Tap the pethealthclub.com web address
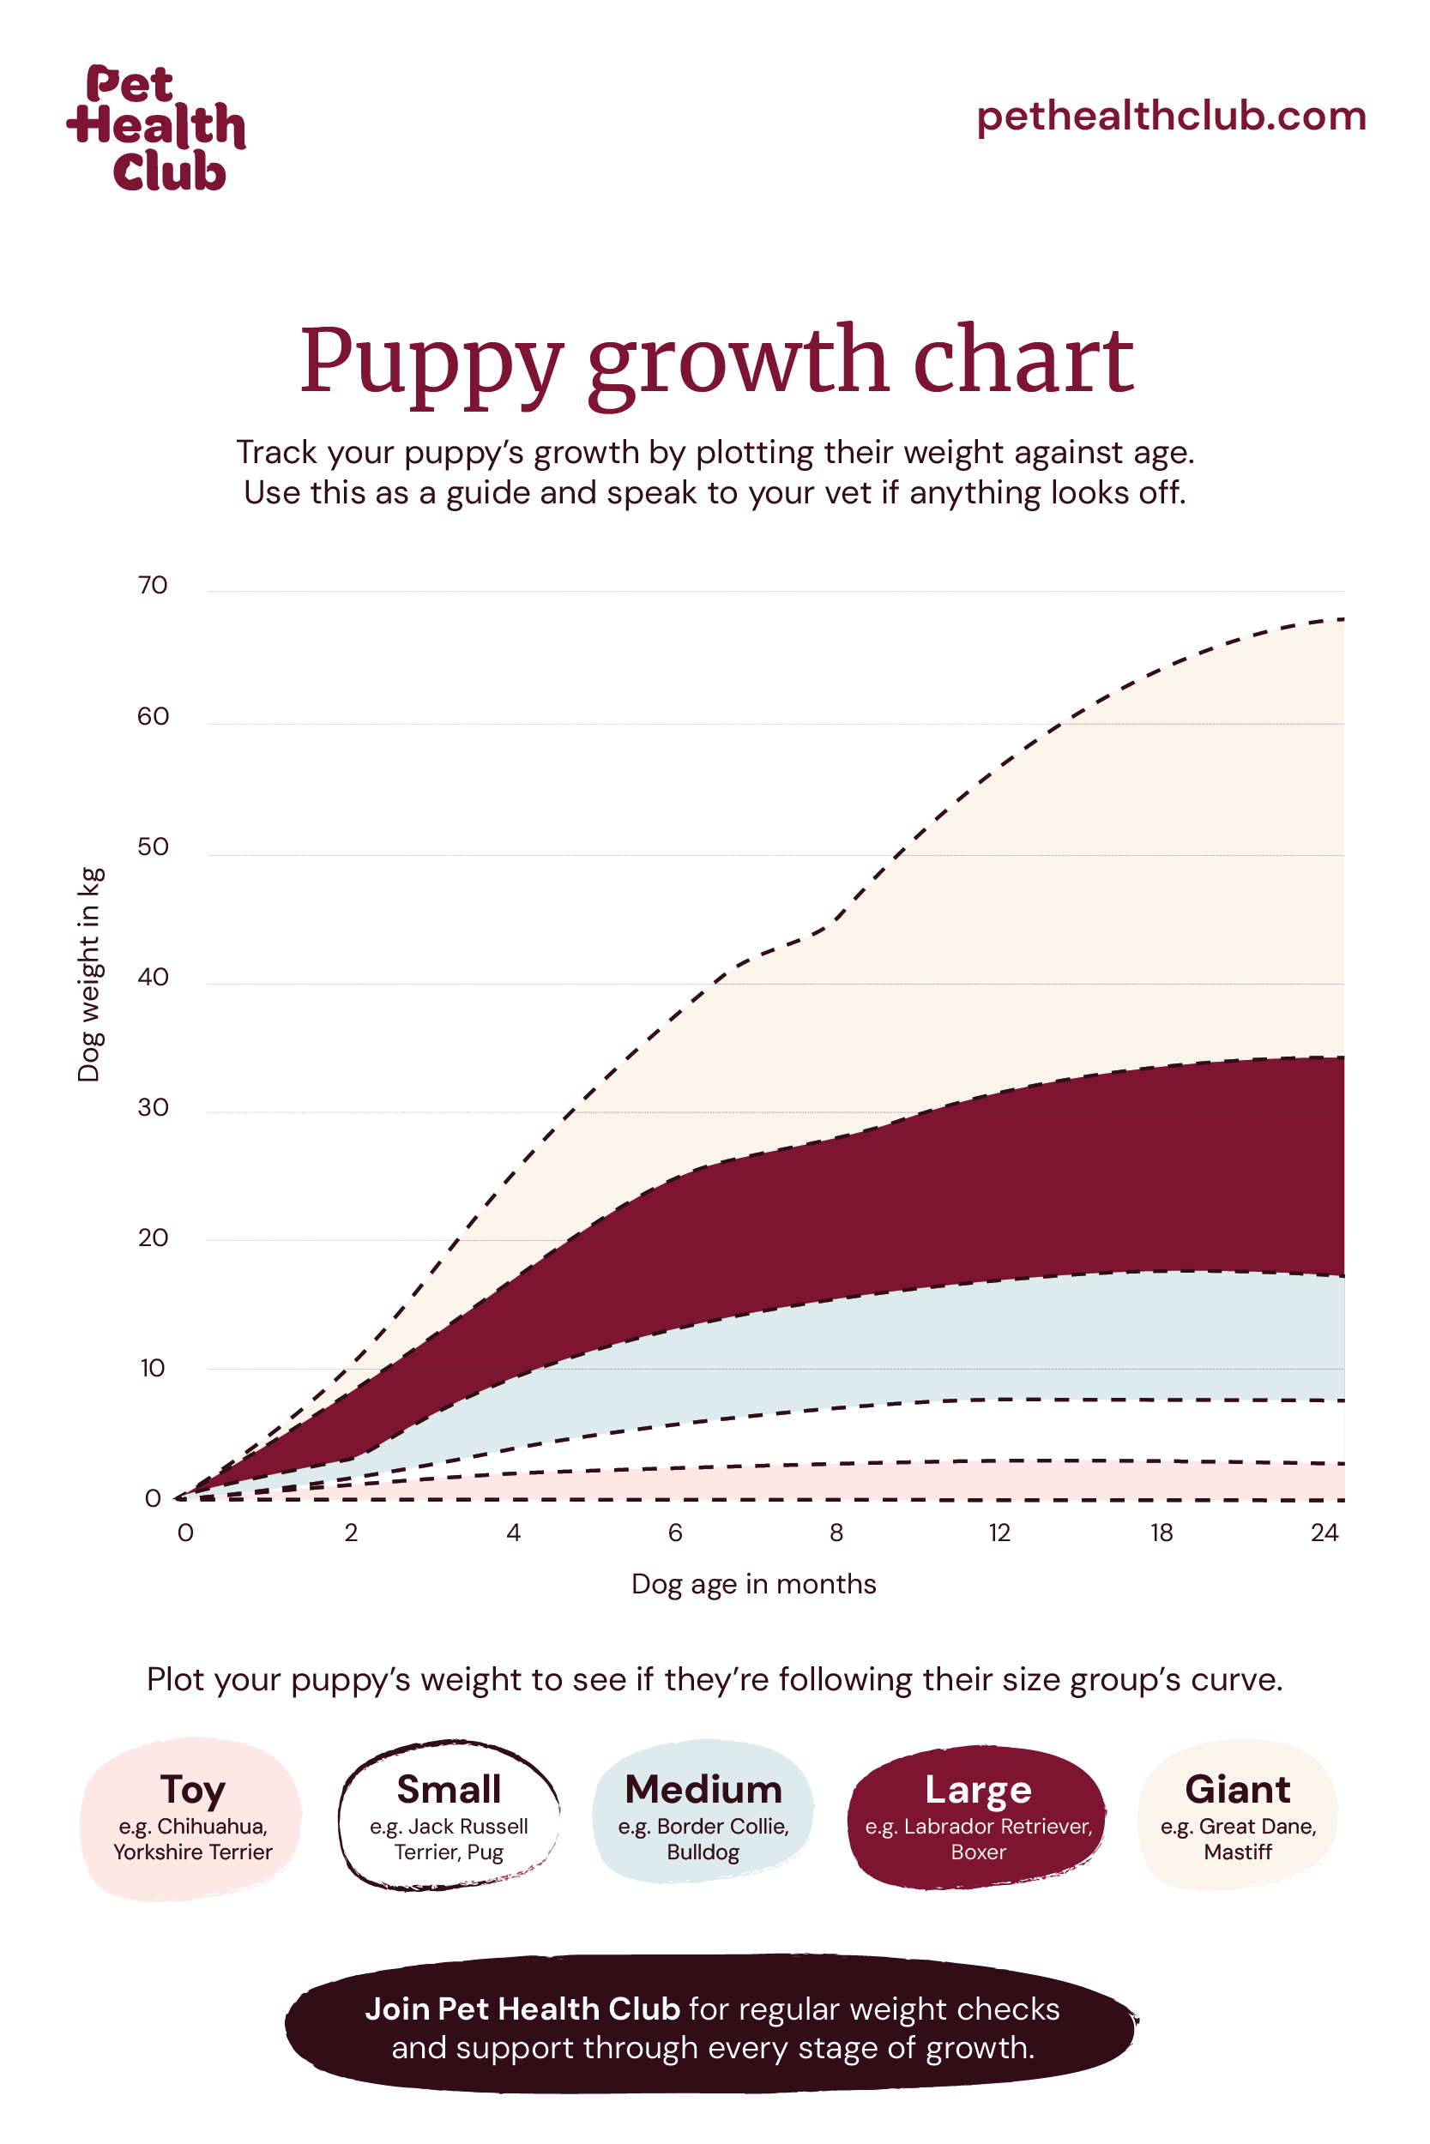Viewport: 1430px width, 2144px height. pyautogui.click(x=1171, y=116)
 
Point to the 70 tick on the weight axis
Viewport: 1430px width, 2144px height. pyautogui.click(x=154, y=585)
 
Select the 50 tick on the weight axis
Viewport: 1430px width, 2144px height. pyautogui.click(x=154, y=846)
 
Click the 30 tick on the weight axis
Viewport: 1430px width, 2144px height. pyautogui.click(x=154, y=1107)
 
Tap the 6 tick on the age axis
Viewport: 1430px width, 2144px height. pyautogui.click(x=675, y=1533)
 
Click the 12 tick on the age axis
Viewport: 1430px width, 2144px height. pyautogui.click(x=999, y=1533)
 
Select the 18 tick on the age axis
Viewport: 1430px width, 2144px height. pyautogui.click(x=1161, y=1533)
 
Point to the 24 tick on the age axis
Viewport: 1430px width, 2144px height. pyautogui.click(x=1324, y=1533)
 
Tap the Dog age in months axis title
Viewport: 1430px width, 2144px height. pyautogui.click(x=753, y=1584)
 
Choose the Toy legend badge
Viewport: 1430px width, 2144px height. pyautogui.click(x=191, y=1817)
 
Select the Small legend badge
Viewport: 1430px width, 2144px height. pyautogui.click(x=449, y=1816)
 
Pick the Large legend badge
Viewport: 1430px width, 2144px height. pyautogui.click(x=978, y=1816)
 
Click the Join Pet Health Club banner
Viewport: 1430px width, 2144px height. pyautogui.click(x=712, y=2028)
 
